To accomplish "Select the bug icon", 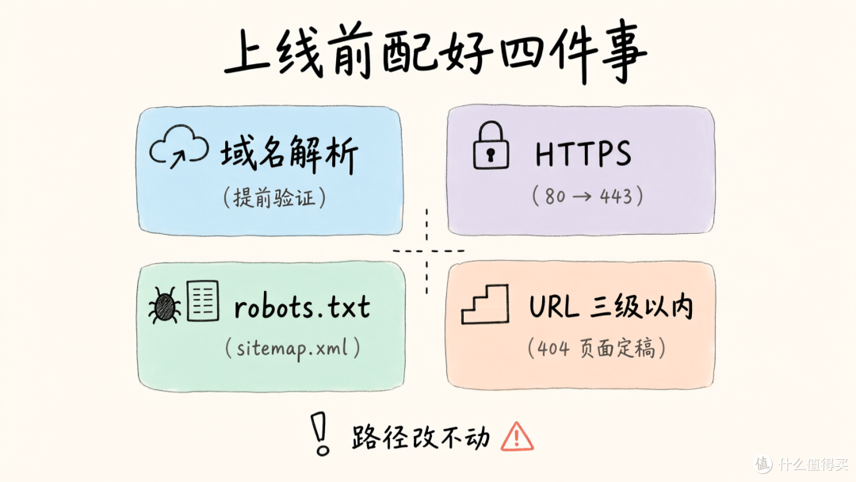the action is [164, 305].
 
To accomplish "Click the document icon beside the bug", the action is [203, 300].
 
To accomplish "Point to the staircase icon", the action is [485, 304].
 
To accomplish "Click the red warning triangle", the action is [517, 437].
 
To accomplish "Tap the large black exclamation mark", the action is [320, 434].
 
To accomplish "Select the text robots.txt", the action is [302, 308].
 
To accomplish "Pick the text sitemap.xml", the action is [292, 348].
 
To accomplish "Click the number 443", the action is [616, 196].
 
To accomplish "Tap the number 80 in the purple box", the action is [555, 196].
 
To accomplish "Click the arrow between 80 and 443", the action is [583, 197].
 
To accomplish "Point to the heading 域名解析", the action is [289, 154].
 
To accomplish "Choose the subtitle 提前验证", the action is [274, 197].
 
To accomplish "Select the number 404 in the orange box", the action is [553, 348].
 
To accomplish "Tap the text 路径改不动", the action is [421, 437].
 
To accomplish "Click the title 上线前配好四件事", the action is [434, 52].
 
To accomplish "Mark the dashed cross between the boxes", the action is [427, 251].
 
